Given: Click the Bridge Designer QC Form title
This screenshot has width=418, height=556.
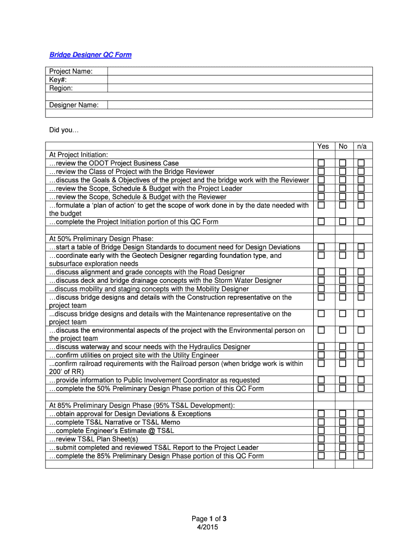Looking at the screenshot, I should pos(90,55).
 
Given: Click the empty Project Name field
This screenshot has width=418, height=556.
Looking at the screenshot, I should pos(239,71).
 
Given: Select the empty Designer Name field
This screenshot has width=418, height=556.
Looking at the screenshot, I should pos(239,105).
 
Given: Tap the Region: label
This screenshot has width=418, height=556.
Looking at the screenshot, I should pos(61,88).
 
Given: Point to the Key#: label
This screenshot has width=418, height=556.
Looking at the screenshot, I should pos(59,80).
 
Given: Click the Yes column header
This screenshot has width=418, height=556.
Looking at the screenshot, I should pos(323,147).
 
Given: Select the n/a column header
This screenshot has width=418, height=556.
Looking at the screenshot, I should pos(362,147).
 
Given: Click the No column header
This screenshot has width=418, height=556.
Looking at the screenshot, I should pos(343,147).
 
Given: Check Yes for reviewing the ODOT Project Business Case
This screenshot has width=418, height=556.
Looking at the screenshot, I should pos(321,163).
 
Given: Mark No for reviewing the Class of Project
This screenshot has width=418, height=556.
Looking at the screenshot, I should pos(343,172).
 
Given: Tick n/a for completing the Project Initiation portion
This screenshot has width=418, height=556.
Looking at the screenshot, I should pos(361,222).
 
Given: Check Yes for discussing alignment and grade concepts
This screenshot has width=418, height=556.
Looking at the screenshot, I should pos(321,272).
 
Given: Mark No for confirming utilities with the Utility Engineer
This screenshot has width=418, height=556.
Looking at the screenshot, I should pos(343,355).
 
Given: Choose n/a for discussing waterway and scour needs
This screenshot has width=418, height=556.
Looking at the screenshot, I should pos(361,347).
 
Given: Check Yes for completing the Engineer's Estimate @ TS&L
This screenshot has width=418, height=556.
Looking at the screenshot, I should pos(321,431).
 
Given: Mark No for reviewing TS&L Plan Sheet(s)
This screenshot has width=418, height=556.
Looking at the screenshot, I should pos(343,439).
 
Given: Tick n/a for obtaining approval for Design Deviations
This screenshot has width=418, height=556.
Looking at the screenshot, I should pos(361,414).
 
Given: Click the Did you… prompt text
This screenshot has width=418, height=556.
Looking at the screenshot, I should pos(64,130).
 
